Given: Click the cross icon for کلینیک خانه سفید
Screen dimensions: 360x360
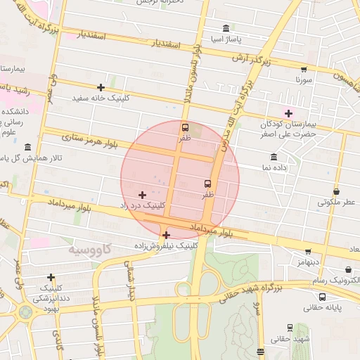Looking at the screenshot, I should (x=101, y=88).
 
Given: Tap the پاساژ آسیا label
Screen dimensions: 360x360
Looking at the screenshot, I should (x=227, y=38).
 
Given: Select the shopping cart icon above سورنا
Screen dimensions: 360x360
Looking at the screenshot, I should (x=304, y=70).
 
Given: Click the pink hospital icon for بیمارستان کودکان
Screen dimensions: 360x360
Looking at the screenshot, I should (x=288, y=113).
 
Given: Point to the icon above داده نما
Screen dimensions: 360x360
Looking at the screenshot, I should (x=274, y=157).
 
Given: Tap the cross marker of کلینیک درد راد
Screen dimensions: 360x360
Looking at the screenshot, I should (x=143, y=195).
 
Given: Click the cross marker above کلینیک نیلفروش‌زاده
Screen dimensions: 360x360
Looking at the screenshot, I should (x=166, y=235).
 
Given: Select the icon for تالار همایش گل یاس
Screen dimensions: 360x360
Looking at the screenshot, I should (x=27, y=147).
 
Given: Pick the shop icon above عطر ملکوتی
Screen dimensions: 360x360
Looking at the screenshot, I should (x=337, y=191).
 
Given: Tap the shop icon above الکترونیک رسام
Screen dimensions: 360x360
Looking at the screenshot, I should (x=349, y=269).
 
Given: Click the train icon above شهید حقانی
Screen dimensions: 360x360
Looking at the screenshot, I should (x=290, y=328).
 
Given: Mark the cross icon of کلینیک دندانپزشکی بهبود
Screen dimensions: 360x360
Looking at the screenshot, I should (x=51, y=277).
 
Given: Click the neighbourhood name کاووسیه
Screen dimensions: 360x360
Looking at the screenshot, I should (x=91, y=250).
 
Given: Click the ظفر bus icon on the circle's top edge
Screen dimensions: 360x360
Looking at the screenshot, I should (x=186, y=127).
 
